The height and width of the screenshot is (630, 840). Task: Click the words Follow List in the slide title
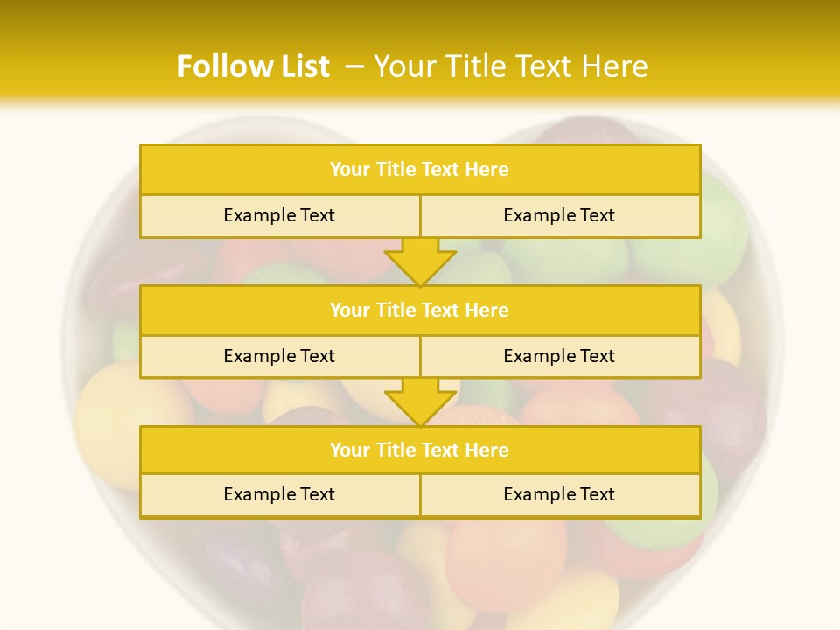(x=253, y=66)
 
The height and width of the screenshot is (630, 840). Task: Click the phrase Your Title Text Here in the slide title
(x=511, y=66)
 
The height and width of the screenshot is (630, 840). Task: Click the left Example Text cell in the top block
(x=279, y=215)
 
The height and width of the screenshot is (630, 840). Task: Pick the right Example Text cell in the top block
(x=560, y=215)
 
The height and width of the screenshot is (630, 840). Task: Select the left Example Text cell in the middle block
(x=279, y=356)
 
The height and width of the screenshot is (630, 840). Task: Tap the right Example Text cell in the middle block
(x=560, y=356)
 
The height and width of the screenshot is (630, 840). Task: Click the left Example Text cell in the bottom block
(x=279, y=494)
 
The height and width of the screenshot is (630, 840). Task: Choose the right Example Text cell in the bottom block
(x=560, y=494)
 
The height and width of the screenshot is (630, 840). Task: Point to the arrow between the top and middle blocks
(x=420, y=262)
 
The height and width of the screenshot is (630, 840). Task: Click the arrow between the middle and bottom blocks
(x=420, y=402)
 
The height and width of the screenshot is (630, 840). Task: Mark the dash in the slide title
(x=355, y=66)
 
